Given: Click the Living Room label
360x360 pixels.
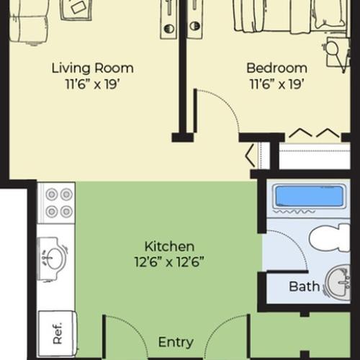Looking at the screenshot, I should pyautogui.click(x=92, y=68).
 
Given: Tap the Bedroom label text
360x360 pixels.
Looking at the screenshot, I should pyautogui.click(x=276, y=68).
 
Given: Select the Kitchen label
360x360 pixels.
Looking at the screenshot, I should pyautogui.click(x=169, y=246).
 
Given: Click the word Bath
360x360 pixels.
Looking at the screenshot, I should pyautogui.click(x=304, y=287).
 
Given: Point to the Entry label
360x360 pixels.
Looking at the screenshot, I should pyautogui.click(x=176, y=342).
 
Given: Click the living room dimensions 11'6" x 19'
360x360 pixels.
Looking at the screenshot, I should pyautogui.click(x=92, y=83).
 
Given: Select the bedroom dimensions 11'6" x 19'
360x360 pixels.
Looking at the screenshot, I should pyautogui.click(x=276, y=83).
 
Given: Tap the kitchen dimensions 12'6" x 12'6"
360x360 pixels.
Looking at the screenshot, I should pyautogui.click(x=169, y=261).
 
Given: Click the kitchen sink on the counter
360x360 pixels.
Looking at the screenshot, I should pyautogui.click(x=53, y=256).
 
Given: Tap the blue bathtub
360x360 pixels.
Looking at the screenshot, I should pyautogui.click(x=309, y=196).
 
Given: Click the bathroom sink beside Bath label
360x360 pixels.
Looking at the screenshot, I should pyautogui.click(x=337, y=282).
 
